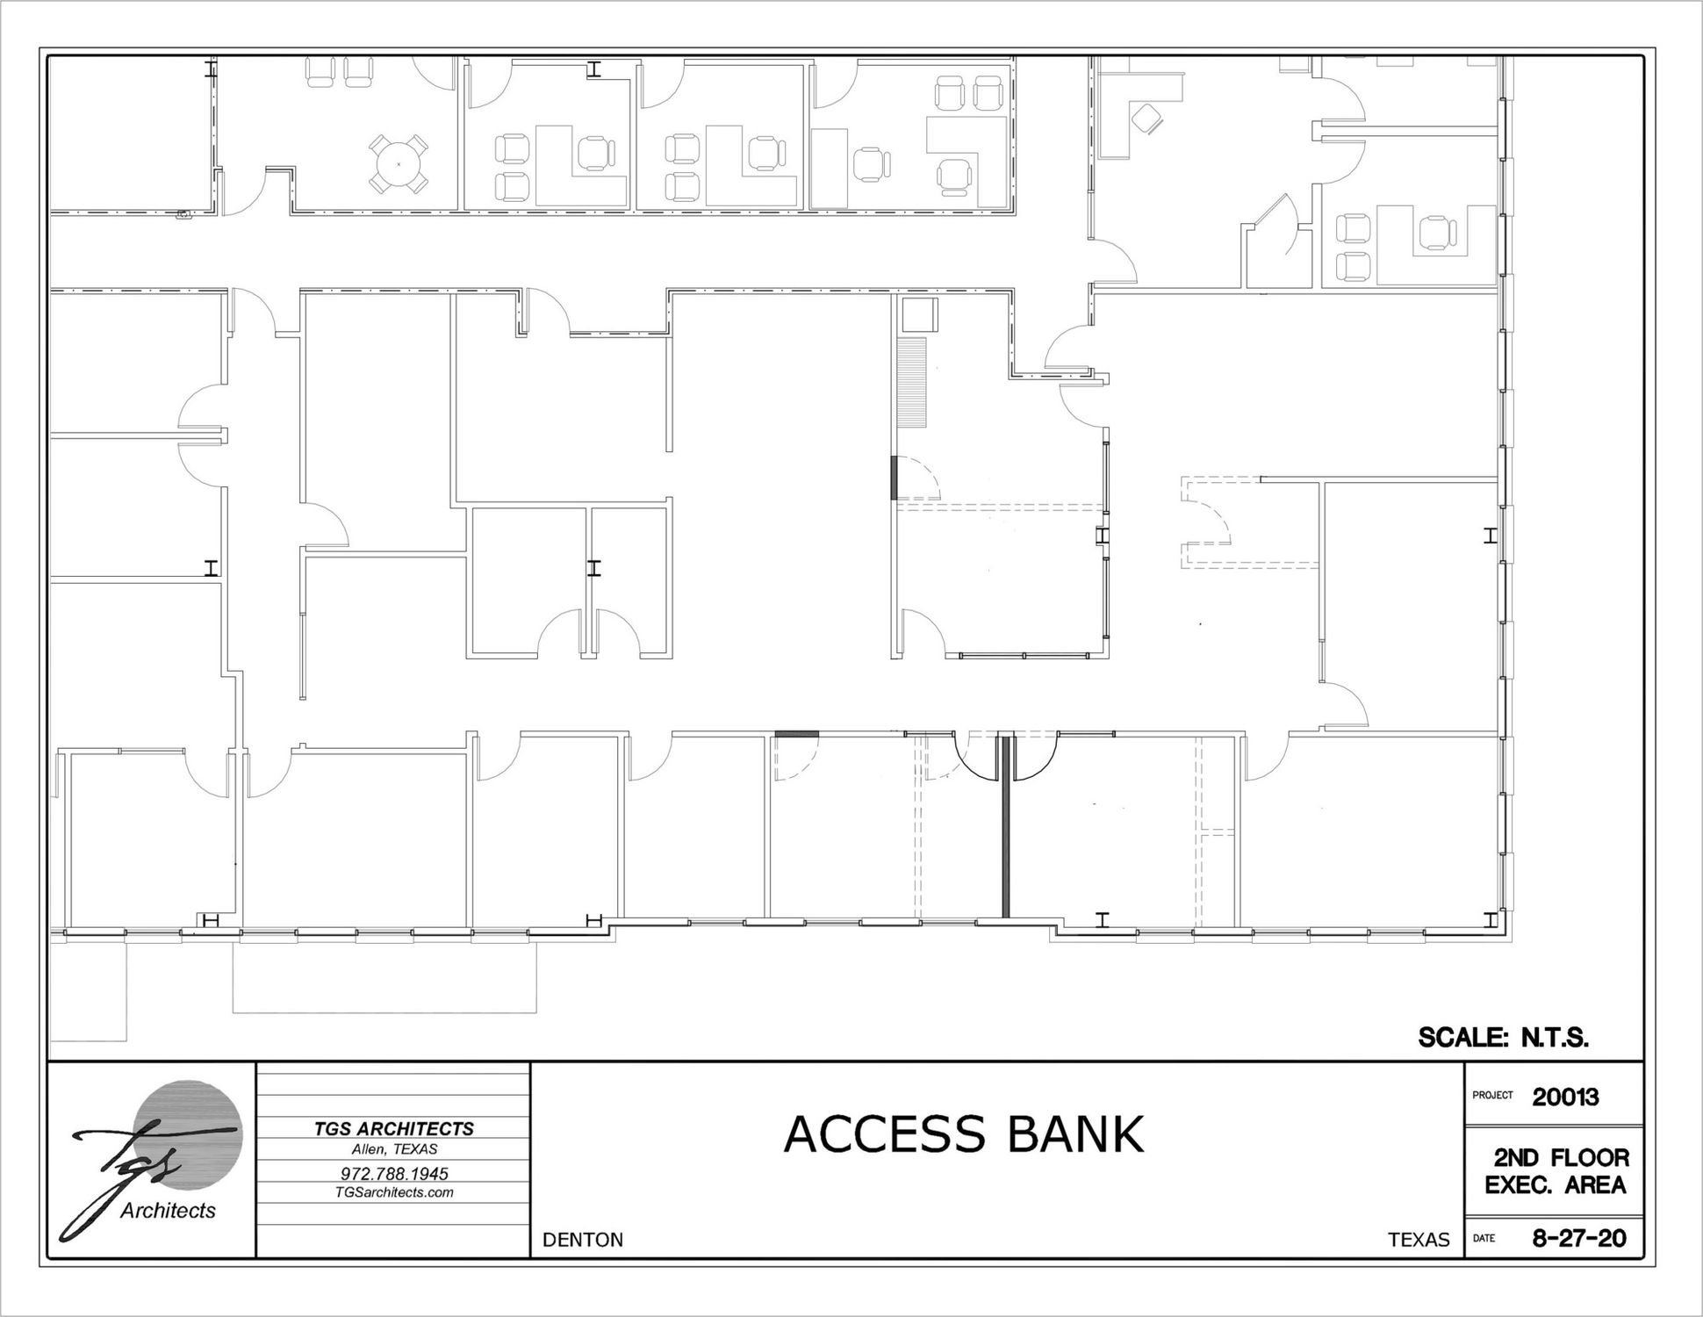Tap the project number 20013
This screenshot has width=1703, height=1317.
pos(1565,1097)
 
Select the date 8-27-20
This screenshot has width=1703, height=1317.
pos(1578,1238)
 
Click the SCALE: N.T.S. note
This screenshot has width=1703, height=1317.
pos(1504,1038)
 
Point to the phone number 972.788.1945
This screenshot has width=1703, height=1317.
pos(394,1173)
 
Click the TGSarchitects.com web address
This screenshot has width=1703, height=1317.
pos(394,1191)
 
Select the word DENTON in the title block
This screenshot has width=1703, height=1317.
pos(583,1239)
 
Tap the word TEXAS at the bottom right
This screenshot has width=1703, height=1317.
pos(1419,1239)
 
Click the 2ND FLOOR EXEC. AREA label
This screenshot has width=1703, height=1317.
pos(1556,1171)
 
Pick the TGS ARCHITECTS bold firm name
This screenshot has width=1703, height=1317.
pos(394,1129)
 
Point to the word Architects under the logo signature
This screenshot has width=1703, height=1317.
pos(168,1211)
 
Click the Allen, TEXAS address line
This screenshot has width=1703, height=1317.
pos(394,1148)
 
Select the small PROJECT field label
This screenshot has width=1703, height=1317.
pos(1492,1095)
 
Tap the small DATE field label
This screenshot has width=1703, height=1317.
pos(1484,1239)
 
